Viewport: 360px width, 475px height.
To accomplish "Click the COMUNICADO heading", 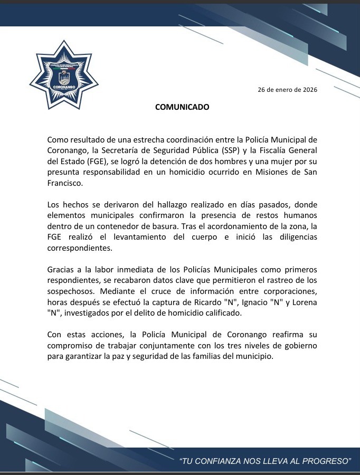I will click(182, 107).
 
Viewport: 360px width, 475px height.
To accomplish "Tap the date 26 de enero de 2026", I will click(287, 89).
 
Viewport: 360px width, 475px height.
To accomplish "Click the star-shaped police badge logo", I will click(64, 75).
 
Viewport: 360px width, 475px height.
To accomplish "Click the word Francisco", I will click(65, 185).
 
